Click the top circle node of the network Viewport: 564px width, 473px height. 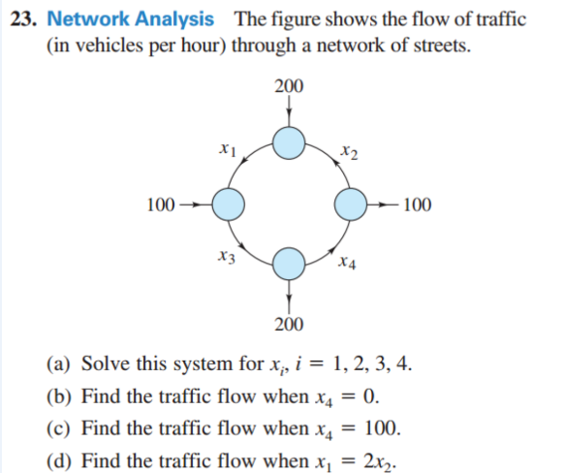coord(288,145)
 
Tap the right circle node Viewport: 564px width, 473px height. coord(350,205)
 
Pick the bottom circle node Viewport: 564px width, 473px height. coord(288,262)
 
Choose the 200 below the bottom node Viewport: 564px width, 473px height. coord(288,323)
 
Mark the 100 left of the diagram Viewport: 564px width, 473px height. coord(160,205)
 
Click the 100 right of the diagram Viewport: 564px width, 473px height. coord(419,205)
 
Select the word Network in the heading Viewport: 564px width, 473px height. coord(86,18)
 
